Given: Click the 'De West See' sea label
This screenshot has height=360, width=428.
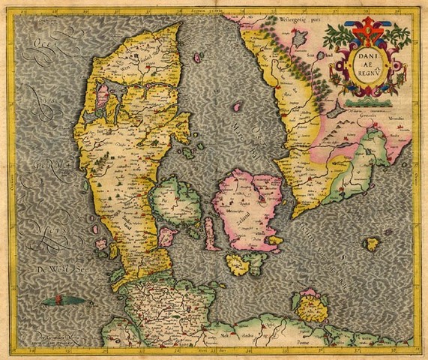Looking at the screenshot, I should [42, 268].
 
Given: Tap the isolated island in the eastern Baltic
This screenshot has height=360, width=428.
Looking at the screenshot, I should [373, 244].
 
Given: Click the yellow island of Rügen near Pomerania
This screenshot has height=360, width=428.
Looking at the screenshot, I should [312, 306].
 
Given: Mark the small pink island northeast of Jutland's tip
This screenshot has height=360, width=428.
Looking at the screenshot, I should [198, 57].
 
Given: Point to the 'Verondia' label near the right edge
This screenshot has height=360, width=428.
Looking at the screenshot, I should [395, 118].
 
